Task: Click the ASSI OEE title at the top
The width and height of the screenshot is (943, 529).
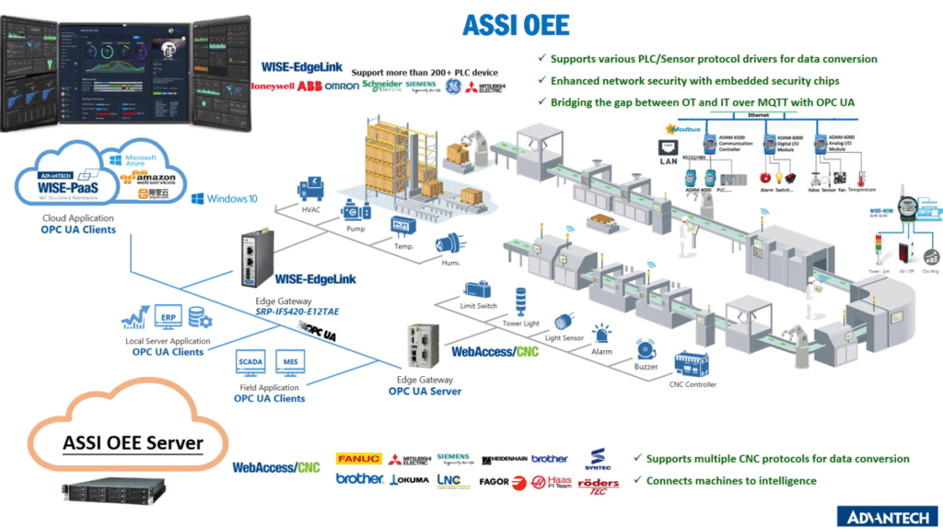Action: tap(503, 25)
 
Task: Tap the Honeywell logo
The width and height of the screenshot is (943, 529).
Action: tap(273, 87)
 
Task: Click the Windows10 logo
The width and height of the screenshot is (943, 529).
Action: tap(225, 198)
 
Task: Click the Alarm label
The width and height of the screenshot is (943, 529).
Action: tap(601, 352)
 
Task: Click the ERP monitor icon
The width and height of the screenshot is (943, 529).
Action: tap(169, 318)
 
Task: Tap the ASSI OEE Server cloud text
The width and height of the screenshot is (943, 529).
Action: tap(133, 443)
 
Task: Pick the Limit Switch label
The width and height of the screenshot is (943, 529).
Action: tap(479, 305)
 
